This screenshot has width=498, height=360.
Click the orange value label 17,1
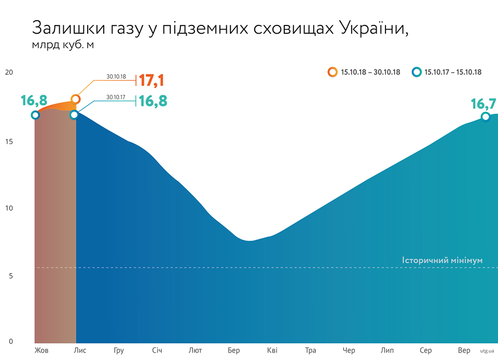(x=151, y=80)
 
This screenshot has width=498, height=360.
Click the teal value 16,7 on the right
(x=483, y=104)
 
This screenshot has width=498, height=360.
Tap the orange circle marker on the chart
(x=76, y=99)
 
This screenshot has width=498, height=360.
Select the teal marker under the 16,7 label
(x=486, y=117)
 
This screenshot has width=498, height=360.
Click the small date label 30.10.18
(x=116, y=77)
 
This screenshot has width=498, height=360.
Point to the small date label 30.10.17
(x=116, y=96)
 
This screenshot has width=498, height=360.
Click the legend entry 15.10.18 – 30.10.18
(x=370, y=72)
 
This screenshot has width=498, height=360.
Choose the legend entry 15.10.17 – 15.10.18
(x=453, y=72)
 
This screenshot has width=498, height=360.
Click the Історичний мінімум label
(x=442, y=260)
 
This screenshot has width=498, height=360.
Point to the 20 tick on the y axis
(x=8, y=72)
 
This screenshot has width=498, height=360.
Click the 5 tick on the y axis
(x=10, y=275)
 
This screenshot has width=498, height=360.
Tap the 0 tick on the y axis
(x=10, y=341)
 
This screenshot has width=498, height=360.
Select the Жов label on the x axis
(x=41, y=351)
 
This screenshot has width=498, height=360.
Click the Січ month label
(x=157, y=351)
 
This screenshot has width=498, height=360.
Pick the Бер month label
(x=233, y=351)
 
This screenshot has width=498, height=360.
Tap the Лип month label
(x=387, y=351)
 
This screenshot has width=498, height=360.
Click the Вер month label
(x=464, y=351)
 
